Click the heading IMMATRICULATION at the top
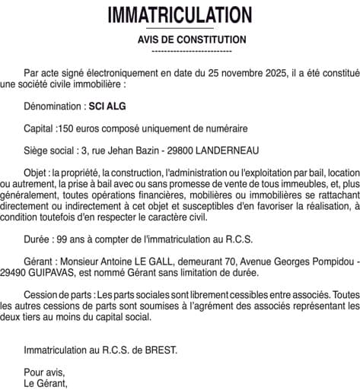tap(180, 14)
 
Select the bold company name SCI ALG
tap(107, 109)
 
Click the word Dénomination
tap(53, 109)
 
